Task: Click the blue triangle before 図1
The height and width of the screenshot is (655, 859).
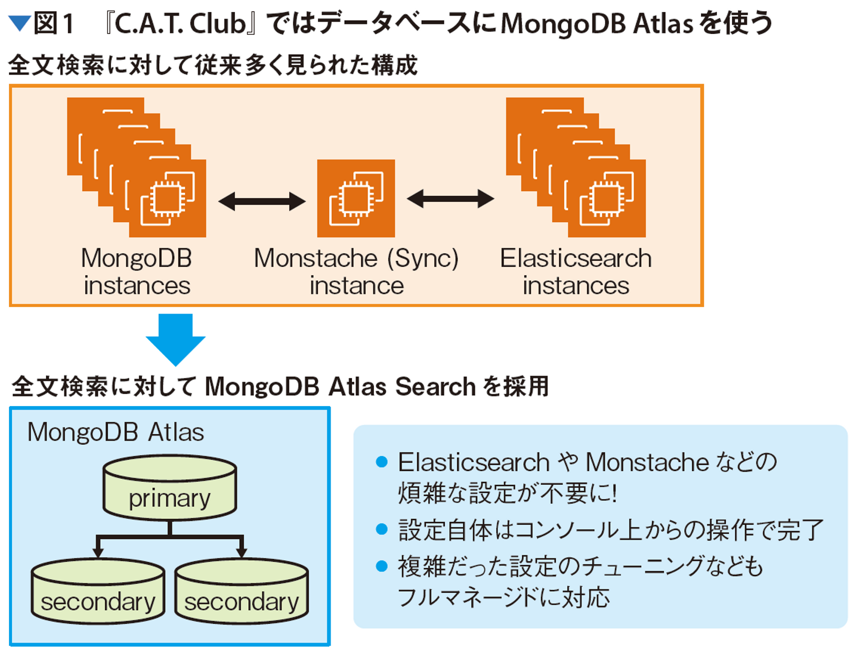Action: (x=20, y=23)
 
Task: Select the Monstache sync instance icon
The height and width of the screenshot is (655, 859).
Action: (x=356, y=198)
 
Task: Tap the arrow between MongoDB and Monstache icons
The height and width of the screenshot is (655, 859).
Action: (x=262, y=201)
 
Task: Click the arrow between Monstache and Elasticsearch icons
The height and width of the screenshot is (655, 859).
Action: (x=450, y=199)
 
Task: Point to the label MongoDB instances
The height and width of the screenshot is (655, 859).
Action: (x=137, y=272)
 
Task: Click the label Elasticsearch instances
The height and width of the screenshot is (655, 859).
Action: (x=576, y=272)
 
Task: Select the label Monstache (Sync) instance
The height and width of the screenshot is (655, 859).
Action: (x=356, y=272)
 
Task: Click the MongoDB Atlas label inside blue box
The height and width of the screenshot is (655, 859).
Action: (x=116, y=432)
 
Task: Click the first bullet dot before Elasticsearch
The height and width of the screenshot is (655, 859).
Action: (x=382, y=462)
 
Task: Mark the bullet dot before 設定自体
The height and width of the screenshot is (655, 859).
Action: (x=382, y=529)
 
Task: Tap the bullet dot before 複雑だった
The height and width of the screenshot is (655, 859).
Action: (x=382, y=566)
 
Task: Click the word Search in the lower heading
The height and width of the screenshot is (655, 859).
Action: (x=435, y=386)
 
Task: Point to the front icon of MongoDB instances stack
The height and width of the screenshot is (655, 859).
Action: (x=167, y=198)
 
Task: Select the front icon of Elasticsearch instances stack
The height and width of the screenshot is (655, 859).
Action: (x=607, y=198)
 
